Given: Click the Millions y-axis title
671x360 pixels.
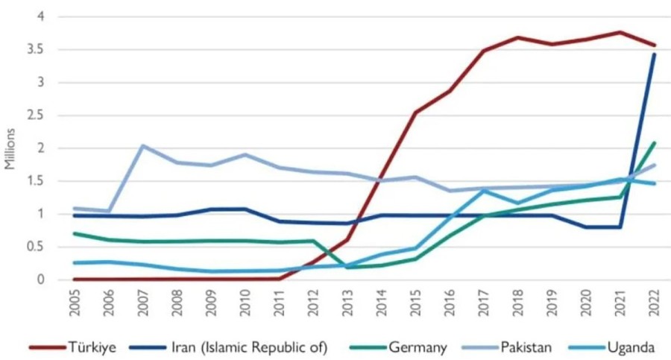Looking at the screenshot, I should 10,148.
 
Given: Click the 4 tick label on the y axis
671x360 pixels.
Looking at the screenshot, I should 41,16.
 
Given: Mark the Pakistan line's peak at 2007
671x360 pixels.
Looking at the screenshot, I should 142,145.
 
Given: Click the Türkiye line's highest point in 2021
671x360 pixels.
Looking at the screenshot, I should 620,32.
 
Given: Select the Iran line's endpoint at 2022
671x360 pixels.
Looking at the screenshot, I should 654,54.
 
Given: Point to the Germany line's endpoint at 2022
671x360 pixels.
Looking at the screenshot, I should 654,142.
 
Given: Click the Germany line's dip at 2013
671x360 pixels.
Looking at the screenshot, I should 347,267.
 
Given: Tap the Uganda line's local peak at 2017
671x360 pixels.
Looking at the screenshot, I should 483,190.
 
